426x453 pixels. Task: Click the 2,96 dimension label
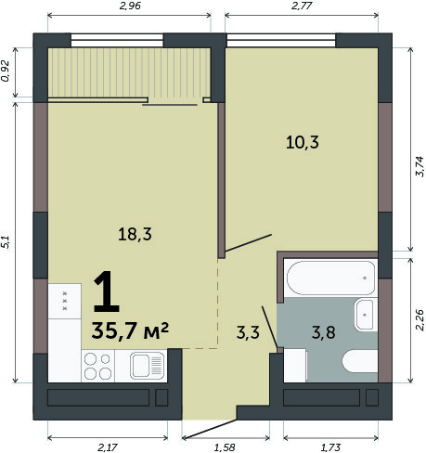tap(130, 6)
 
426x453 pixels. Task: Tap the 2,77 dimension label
tap(302, 6)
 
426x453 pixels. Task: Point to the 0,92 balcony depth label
tap(6, 71)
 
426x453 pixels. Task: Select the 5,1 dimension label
tap(6, 242)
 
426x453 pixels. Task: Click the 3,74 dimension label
tap(420, 166)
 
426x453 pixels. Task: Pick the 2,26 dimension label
tap(420, 320)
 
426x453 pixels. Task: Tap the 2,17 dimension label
tap(108, 447)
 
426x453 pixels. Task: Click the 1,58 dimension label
tap(225, 447)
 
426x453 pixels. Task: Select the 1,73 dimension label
tap(330, 447)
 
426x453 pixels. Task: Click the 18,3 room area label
tap(135, 234)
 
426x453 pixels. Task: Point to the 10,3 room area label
tap(303, 143)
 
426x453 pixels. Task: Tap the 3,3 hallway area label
tap(248, 333)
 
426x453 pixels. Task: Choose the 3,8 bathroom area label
tap(324, 333)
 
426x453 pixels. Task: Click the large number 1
tap(106, 291)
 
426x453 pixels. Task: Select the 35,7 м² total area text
tap(130, 330)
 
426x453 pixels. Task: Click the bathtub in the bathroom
tap(331, 278)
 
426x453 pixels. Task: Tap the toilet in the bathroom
tap(360, 361)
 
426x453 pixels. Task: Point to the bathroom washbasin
tap(366, 315)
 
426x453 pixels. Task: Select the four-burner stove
tap(97, 366)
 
